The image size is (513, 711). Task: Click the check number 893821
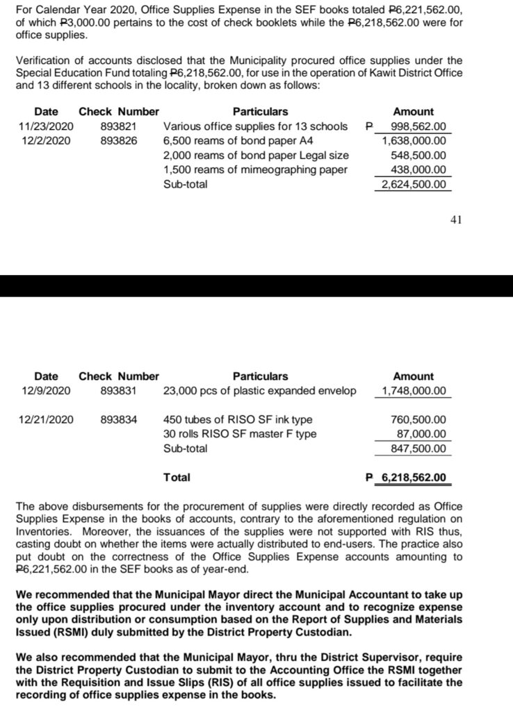[118, 126]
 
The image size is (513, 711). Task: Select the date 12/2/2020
[45, 141]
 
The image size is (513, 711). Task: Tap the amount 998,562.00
[418, 126]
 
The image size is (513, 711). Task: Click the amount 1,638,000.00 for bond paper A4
[414, 141]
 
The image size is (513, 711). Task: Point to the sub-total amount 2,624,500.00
[414, 185]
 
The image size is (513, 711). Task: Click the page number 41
[456, 221]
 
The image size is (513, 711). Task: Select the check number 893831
[118, 391]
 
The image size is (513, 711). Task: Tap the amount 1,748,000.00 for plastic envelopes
[414, 391]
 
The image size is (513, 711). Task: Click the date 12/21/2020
[48, 419]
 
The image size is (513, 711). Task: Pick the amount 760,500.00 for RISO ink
[418, 419]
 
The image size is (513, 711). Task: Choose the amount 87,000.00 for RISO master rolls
[422, 434]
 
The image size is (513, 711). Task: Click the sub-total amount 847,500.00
[418, 449]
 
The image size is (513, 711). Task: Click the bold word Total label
[177, 478]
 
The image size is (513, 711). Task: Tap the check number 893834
[118, 419]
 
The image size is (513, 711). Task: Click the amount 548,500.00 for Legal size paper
[418, 156]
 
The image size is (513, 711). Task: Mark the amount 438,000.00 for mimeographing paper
[418, 170]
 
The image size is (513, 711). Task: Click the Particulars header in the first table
[260, 112]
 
